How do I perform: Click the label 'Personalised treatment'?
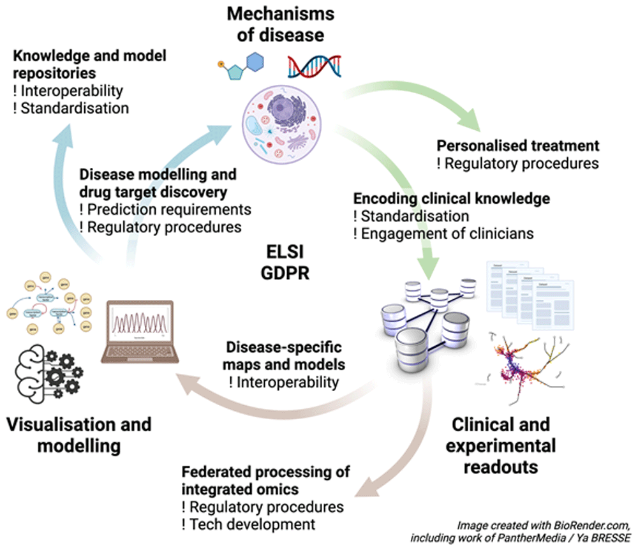coord(517,145)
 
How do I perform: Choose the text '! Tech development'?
coord(249,524)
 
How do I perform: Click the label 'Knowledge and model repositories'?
coord(89,64)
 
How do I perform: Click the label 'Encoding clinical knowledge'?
coord(451,198)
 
